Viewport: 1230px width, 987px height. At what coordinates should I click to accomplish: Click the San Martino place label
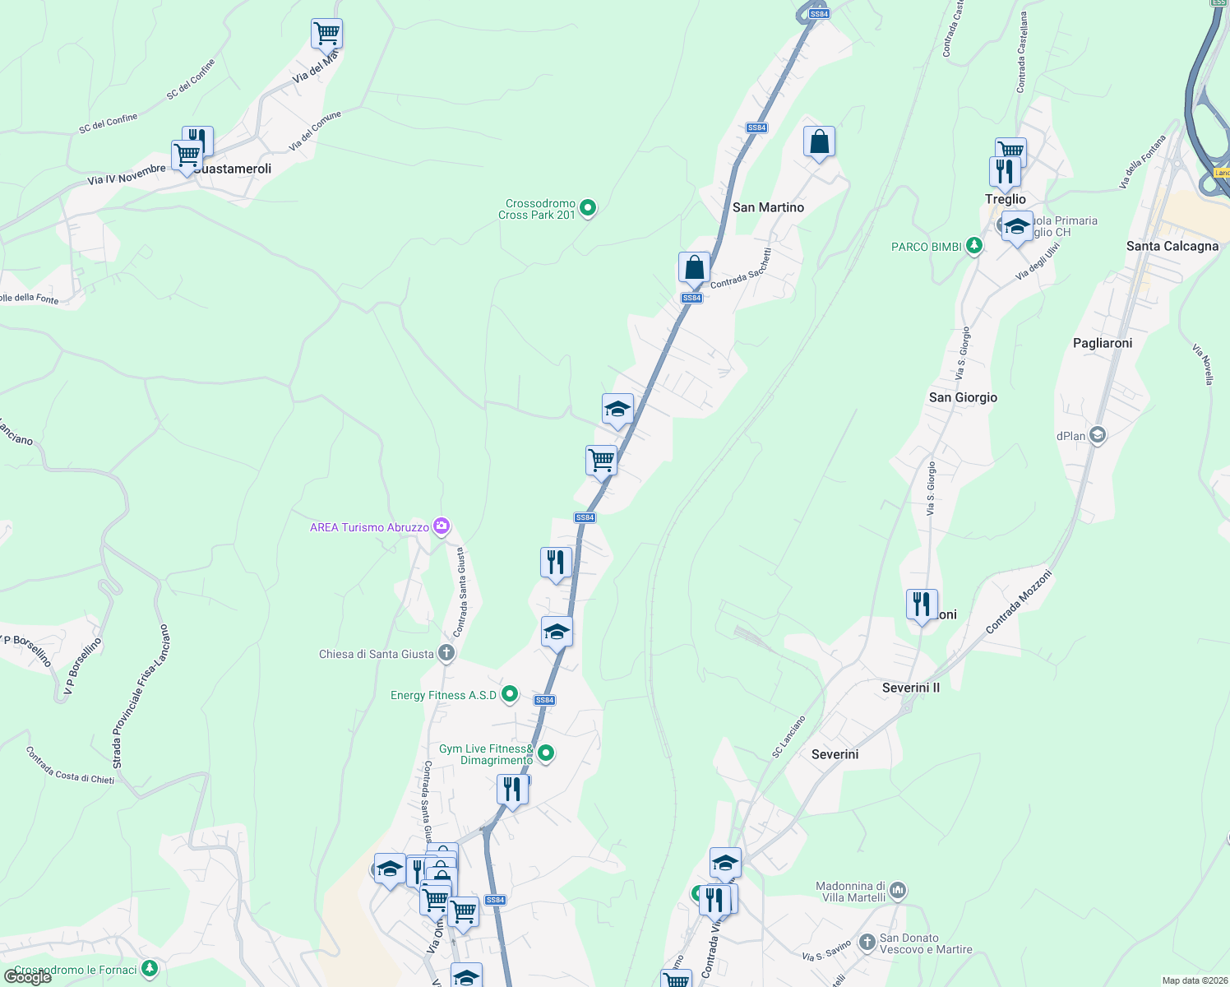(x=768, y=207)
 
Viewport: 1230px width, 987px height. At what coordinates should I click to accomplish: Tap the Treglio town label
(x=1005, y=199)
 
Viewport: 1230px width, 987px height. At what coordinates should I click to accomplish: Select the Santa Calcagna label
(x=1172, y=246)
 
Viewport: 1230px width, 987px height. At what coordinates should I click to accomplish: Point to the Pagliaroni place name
(x=1102, y=343)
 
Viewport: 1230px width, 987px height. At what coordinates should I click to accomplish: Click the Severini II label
(x=910, y=688)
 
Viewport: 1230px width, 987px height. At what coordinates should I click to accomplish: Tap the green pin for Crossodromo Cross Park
(x=588, y=208)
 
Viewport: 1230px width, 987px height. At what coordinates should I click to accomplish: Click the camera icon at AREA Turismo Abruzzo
(x=442, y=526)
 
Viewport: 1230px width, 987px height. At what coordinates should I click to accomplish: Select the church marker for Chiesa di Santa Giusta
(x=446, y=654)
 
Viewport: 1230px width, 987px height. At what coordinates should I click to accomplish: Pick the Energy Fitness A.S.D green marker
(x=510, y=695)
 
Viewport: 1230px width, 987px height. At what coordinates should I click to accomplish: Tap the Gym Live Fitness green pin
(x=545, y=753)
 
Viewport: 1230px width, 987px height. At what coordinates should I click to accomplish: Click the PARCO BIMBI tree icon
(x=973, y=246)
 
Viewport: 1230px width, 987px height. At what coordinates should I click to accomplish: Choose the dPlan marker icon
(x=1097, y=435)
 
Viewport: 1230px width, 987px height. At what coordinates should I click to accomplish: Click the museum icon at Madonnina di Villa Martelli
(x=898, y=890)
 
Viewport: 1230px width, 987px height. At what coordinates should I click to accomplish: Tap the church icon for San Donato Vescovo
(x=867, y=943)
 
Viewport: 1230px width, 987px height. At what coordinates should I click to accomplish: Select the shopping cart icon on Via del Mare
(x=326, y=34)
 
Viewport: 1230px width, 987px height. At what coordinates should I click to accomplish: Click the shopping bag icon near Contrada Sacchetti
(x=694, y=268)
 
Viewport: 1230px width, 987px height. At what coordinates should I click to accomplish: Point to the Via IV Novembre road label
(x=127, y=175)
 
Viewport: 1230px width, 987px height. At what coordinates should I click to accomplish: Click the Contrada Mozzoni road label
(x=1018, y=603)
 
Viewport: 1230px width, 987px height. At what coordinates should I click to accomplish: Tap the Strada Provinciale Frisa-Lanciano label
(x=141, y=696)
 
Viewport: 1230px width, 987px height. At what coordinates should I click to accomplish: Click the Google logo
(x=27, y=976)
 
